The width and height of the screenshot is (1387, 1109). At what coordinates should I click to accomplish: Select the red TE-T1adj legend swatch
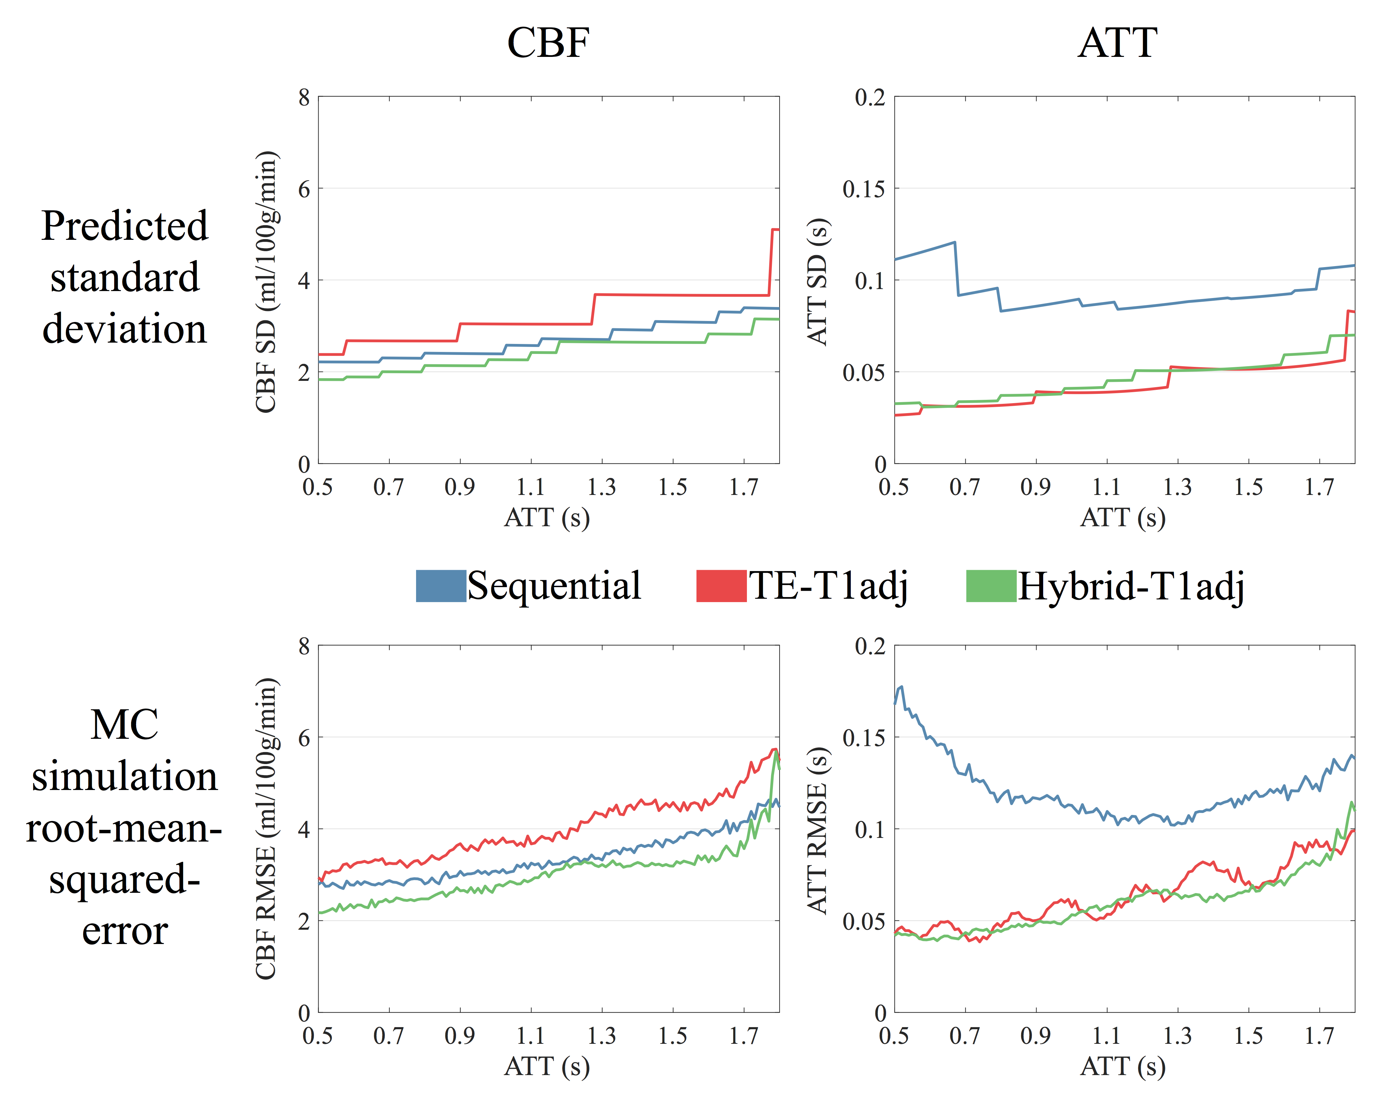[x=721, y=586]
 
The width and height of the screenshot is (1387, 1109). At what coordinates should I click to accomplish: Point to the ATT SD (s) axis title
[x=818, y=281]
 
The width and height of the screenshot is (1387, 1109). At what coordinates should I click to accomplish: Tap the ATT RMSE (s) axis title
[x=818, y=829]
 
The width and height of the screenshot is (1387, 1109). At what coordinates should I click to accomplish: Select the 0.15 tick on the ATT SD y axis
[x=863, y=189]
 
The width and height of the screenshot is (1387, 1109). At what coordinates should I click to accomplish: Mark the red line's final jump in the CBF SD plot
[x=771, y=260]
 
